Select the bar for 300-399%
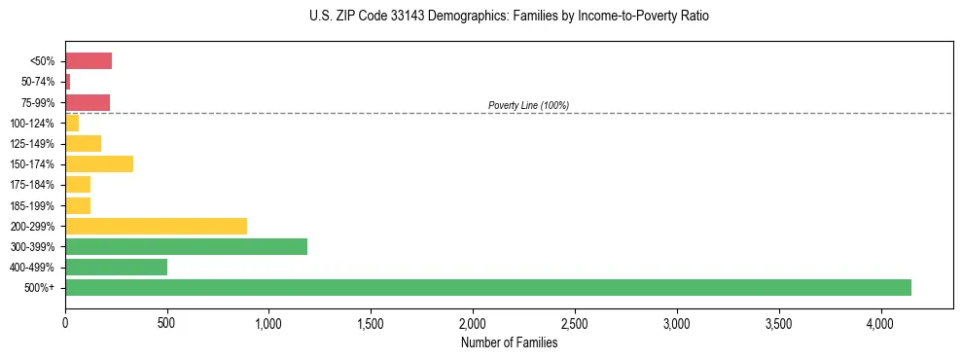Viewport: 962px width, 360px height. pos(186,246)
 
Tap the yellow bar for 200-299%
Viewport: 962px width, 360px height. pos(156,226)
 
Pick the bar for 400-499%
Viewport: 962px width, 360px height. pos(116,267)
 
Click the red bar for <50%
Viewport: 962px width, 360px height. pos(89,61)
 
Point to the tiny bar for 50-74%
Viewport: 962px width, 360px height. pos(67,82)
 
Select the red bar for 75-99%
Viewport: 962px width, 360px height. pos(88,102)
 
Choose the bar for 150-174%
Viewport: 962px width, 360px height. pos(99,164)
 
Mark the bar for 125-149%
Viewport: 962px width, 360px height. pos(83,144)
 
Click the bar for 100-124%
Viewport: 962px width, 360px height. pos(72,124)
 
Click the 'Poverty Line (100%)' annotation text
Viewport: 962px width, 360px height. pos(528,105)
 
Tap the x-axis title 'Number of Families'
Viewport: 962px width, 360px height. pos(509,342)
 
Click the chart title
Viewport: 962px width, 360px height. pos(510,17)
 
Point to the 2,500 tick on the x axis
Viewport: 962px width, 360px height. pos(575,323)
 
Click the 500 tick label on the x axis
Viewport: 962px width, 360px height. pos(167,323)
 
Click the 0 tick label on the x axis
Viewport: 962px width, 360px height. pos(65,323)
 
